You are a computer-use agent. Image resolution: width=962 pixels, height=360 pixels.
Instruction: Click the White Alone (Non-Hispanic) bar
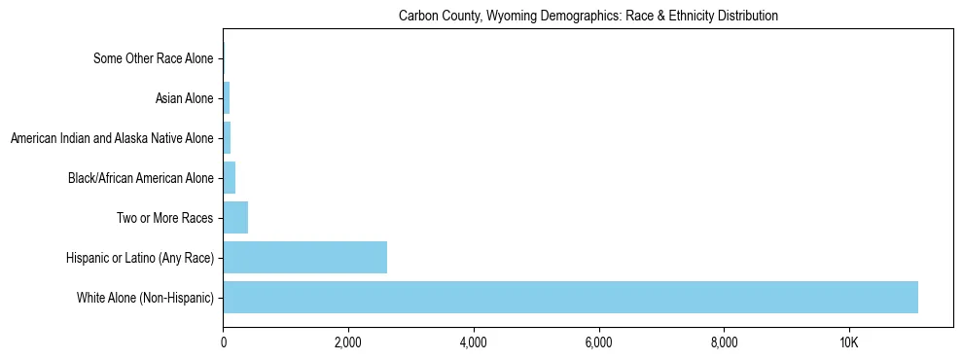(570, 297)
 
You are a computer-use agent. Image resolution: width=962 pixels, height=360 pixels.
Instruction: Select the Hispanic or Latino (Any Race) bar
(304, 257)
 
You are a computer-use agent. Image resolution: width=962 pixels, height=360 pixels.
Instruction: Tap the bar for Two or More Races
(235, 217)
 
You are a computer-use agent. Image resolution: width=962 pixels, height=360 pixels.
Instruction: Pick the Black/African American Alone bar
(230, 177)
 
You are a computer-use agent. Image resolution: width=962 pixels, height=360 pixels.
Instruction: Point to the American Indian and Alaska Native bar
(227, 138)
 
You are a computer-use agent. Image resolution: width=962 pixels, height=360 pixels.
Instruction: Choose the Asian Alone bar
(227, 98)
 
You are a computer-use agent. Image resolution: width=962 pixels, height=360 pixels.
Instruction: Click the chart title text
(588, 17)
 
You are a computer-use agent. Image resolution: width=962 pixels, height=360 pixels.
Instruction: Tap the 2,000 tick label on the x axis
(348, 342)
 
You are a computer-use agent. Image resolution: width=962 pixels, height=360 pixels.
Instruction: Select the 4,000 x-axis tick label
(473, 342)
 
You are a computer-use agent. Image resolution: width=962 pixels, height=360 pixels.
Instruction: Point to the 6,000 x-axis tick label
(598, 342)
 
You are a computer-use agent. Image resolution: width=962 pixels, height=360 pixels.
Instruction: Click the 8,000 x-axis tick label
(724, 342)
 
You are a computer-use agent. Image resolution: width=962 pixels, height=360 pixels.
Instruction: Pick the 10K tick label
(848, 342)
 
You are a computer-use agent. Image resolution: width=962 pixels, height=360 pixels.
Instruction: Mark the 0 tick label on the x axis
(224, 342)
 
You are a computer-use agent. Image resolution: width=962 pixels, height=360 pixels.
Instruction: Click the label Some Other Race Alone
(153, 59)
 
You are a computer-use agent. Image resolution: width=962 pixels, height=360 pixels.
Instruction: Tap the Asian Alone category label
(184, 98)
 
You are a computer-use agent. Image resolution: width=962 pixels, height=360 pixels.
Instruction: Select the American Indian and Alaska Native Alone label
(112, 138)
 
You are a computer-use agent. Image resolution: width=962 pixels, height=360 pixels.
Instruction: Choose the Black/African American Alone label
(140, 178)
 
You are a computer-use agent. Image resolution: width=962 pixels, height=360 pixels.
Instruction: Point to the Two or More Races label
(164, 218)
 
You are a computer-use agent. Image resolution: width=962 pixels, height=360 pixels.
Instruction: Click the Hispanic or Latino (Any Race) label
(141, 258)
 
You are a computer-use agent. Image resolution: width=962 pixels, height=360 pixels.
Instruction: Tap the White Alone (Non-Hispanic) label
(145, 298)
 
